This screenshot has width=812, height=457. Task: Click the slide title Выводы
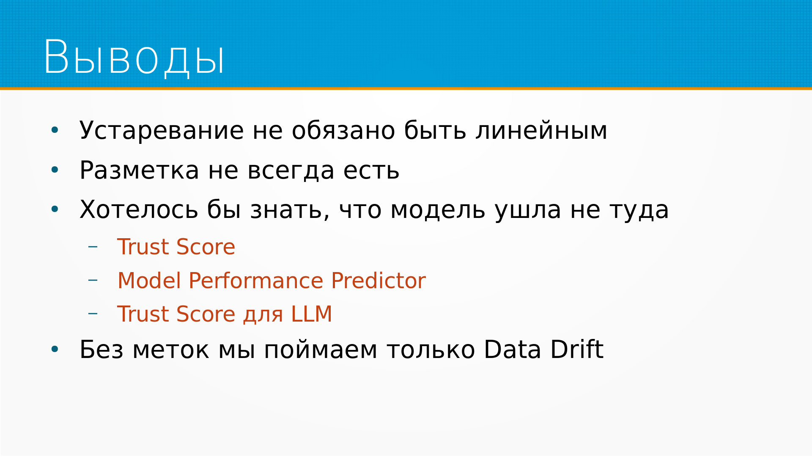pyautogui.click(x=134, y=58)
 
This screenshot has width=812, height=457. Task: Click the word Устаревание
pyautogui.click(x=162, y=130)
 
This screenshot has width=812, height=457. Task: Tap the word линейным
pyautogui.click(x=541, y=130)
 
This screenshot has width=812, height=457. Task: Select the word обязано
pyautogui.click(x=343, y=130)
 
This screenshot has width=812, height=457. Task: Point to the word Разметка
pyautogui.click(x=139, y=171)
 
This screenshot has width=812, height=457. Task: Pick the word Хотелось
pyautogui.click(x=139, y=209)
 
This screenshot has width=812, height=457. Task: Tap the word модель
pyautogui.click(x=438, y=210)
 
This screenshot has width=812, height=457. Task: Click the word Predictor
pyautogui.click(x=379, y=281)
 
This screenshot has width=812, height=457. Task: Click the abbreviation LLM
pyautogui.click(x=311, y=314)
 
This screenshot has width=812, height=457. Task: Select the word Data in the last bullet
pyautogui.click(x=513, y=350)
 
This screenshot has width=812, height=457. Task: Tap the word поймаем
pyautogui.click(x=321, y=350)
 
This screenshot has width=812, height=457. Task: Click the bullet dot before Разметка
pyautogui.click(x=55, y=170)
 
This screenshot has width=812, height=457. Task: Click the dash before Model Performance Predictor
pyautogui.click(x=93, y=280)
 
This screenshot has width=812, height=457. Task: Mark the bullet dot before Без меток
pyautogui.click(x=55, y=350)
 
